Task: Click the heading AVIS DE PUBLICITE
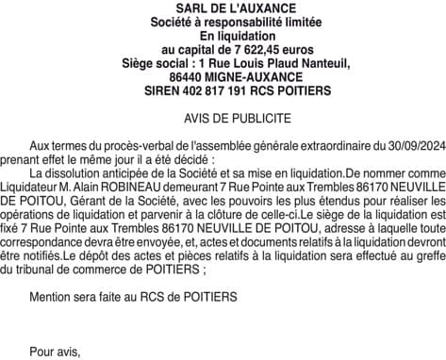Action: point(223,120)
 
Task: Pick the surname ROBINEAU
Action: point(141,188)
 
